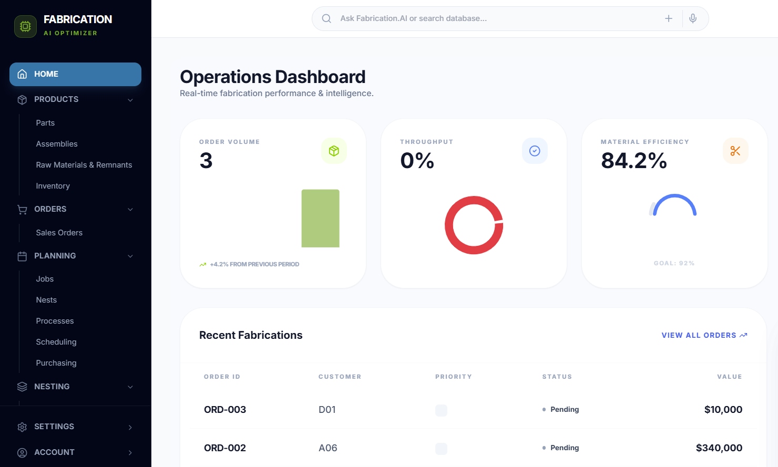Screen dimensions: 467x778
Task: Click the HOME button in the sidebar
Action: (x=75, y=74)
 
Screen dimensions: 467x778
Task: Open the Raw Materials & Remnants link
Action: (x=84, y=165)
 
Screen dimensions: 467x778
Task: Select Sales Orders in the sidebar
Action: (x=59, y=233)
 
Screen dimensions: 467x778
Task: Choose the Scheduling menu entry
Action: (x=56, y=342)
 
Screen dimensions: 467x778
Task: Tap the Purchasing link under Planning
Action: (x=56, y=363)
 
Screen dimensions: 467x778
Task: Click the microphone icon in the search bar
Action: (x=693, y=18)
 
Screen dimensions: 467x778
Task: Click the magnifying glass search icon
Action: (x=326, y=18)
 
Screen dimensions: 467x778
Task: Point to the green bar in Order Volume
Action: (x=320, y=219)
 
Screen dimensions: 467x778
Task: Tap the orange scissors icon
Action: (x=735, y=151)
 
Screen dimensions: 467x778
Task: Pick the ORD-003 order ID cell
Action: (x=225, y=410)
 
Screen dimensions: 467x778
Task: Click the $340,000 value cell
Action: (x=719, y=448)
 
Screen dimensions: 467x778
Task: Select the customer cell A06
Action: (x=327, y=448)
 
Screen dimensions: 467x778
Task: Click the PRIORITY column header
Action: (x=453, y=377)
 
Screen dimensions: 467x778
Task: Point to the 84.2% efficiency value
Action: (x=633, y=161)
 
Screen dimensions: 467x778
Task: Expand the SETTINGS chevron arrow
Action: (x=130, y=427)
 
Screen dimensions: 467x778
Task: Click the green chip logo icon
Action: (x=25, y=26)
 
